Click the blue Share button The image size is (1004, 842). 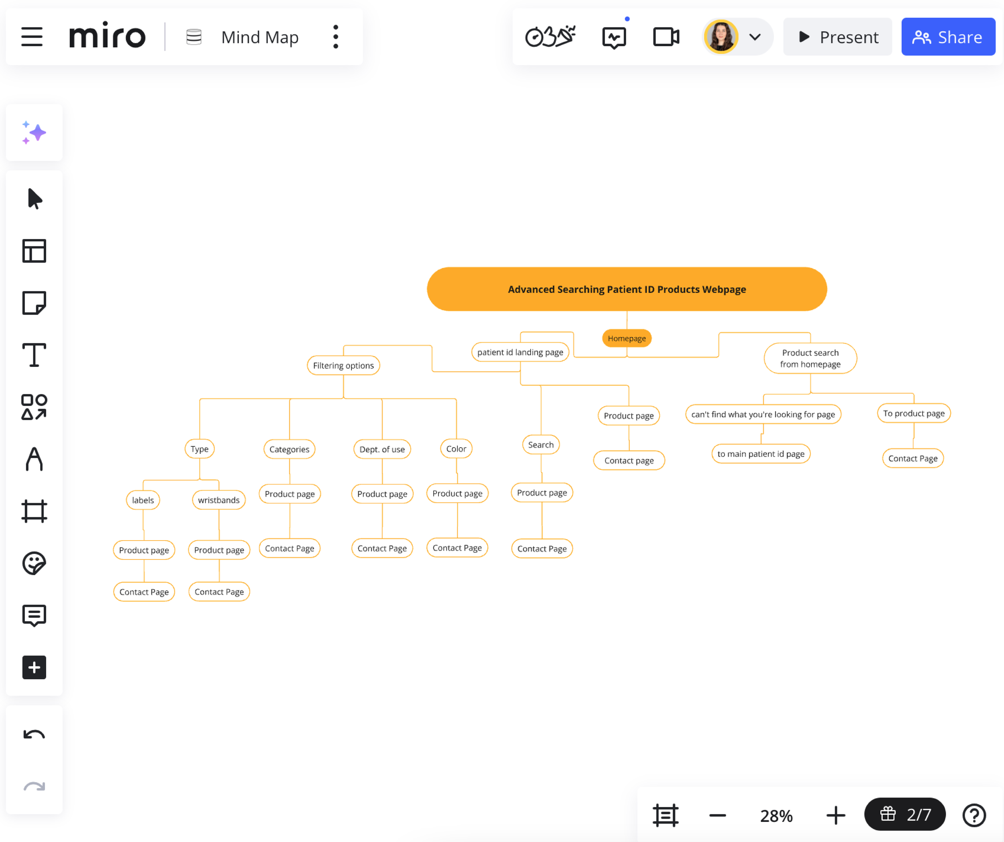pyautogui.click(x=948, y=37)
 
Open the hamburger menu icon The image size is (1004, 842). pyautogui.click(x=32, y=37)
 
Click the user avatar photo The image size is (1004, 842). pyautogui.click(x=721, y=37)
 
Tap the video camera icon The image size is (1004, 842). pyautogui.click(x=665, y=37)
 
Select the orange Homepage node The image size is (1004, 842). pyautogui.click(x=626, y=338)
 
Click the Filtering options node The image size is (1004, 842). pyautogui.click(x=343, y=365)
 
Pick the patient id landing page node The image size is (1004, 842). pyautogui.click(x=520, y=352)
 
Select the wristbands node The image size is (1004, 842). pyautogui.click(x=218, y=500)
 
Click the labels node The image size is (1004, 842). pyautogui.click(x=143, y=500)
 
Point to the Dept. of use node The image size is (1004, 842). pyautogui.click(x=382, y=449)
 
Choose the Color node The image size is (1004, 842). pyautogui.click(x=456, y=449)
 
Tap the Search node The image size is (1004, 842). pyautogui.click(x=540, y=445)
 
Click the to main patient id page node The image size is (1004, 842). pyautogui.click(x=760, y=453)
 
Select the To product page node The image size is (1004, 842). pyautogui.click(x=913, y=413)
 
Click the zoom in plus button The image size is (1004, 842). pyautogui.click(x=835, y=815)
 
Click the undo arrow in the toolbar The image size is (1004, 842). pyautogui.click(x=34, y=734)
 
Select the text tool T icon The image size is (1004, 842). pyautogui.click(x=34, y=355)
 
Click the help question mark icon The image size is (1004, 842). pyautogui.click(x=973, y=815)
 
